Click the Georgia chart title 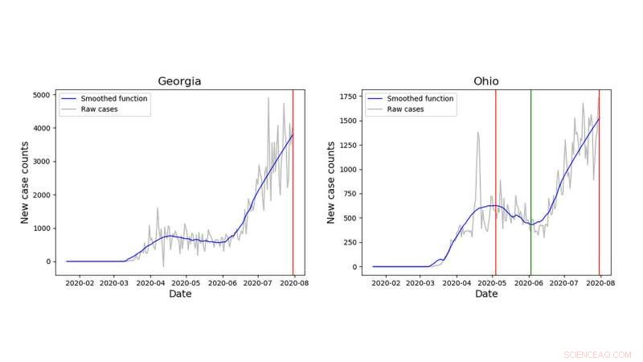tap(179, 81)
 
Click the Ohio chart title tap(485, 81)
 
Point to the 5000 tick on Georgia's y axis tap(43, 95)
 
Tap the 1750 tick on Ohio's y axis tap(349, 97)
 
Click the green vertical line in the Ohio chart tap(530, 185)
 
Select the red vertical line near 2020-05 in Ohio tap(495, 185)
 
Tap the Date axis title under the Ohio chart tap(485, 294)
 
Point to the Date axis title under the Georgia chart tap(179, 294)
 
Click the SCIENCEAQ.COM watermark tap(597, 354)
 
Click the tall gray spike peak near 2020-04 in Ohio tap(477, 133)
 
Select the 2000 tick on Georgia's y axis tap(43, 195)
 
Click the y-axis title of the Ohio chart tap(331, 182)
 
